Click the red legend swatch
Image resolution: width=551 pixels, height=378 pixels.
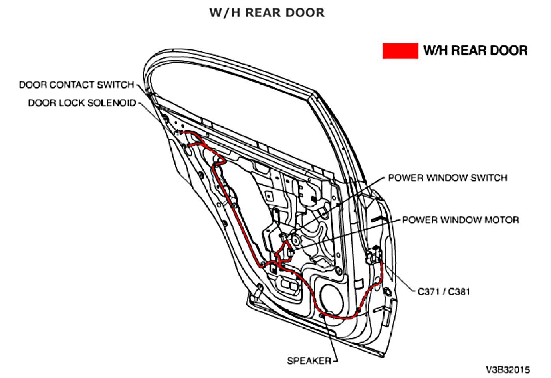400,51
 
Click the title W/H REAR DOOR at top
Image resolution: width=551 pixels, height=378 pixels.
267,13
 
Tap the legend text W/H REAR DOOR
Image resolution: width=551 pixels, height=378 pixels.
475,51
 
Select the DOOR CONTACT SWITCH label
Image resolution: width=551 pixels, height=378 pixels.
76,85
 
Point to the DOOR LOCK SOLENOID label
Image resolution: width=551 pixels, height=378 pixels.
82,103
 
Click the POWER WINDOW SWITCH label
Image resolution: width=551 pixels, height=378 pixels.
448,178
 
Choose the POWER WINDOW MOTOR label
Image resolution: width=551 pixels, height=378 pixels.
460,220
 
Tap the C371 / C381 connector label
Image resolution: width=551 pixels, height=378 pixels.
444,291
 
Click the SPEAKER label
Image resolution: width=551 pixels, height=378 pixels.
309,361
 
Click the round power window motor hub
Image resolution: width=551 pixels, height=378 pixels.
296,240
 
